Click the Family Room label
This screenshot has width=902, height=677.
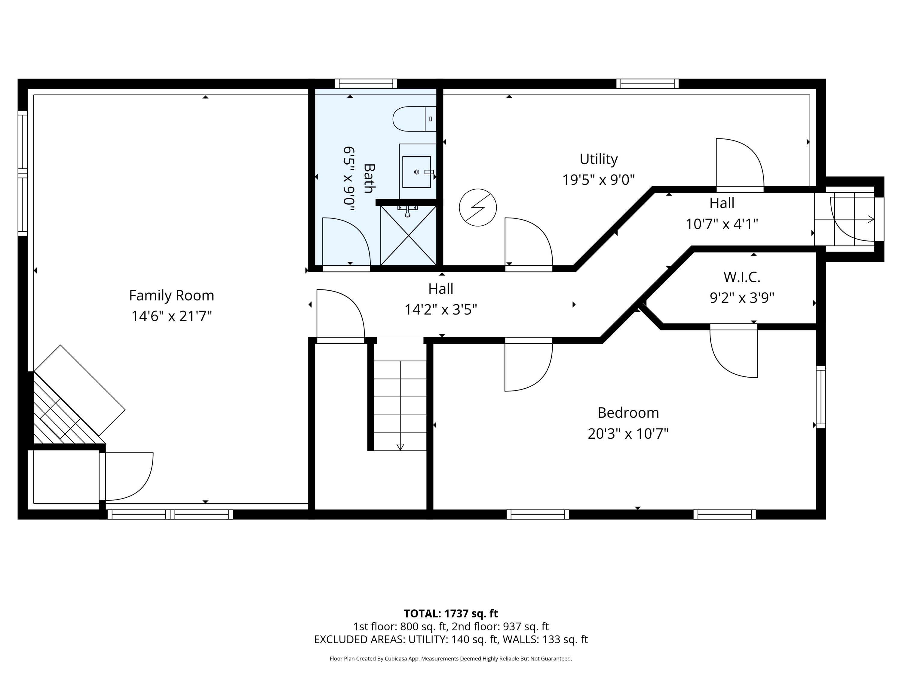[x=171, y=295]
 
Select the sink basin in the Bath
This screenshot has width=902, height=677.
[x=416, y=172]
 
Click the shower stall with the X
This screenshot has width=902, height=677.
[x=408, y=236]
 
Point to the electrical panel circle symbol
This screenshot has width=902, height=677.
[x=477, y=207]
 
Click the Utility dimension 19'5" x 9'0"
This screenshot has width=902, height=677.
[x=598, y=180]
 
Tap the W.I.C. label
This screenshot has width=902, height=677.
[x=742, y=277]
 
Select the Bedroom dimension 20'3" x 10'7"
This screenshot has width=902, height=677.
[x=628, y=433]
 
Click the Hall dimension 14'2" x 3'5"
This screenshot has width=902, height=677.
[x=440, y=310]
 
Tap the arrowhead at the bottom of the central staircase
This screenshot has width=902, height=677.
[x=400, y=447]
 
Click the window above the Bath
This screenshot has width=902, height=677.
[x=366, y=84]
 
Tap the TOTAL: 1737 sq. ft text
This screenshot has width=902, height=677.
[x=451, y=613]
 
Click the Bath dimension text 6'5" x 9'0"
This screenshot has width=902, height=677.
[x=349, y=179]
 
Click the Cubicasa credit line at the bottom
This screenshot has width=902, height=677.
[x=451, y=658]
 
